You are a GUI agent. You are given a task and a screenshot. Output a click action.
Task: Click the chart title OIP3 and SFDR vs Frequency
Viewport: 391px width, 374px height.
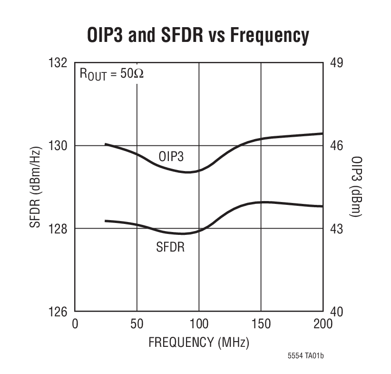click(198, 35)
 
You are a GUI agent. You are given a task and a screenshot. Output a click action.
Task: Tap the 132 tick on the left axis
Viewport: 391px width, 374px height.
click(58, 63)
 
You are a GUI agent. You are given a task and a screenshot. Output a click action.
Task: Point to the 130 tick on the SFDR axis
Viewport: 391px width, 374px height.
click(58, 146)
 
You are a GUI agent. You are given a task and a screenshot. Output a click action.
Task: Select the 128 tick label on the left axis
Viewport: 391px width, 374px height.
click(58, 229)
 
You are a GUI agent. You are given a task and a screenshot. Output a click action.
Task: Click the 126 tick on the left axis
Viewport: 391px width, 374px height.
click(58, 312)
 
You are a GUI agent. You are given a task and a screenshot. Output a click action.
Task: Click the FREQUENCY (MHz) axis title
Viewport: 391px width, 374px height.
click(199, 342)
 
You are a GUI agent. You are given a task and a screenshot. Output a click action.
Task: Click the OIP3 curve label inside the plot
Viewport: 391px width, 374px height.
click(170, 156)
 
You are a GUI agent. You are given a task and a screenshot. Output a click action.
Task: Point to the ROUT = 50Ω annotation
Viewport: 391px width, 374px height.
click(111, 76)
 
